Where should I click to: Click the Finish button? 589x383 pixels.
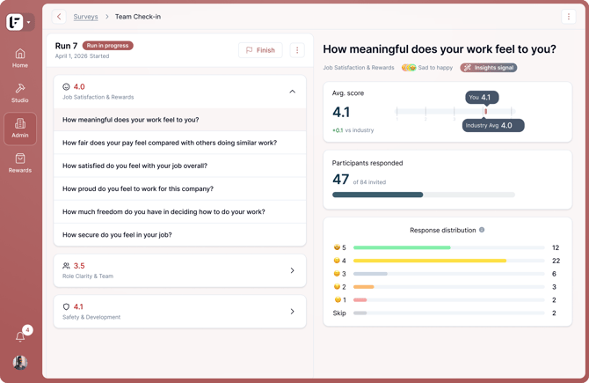(260, 50)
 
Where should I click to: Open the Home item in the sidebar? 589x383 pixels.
(20, 58)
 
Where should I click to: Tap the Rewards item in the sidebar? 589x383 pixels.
(20, 163)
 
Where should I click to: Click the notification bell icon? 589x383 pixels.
(20, 336)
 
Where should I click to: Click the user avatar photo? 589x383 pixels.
(20, 362)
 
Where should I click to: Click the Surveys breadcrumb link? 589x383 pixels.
(85, 17)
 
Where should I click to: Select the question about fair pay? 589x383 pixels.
(170, 143)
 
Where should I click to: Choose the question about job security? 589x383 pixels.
(117, 235)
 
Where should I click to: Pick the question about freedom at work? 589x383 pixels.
(164, 212)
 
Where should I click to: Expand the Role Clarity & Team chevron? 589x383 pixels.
(292, 270)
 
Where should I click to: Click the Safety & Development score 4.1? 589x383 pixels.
(78, 306)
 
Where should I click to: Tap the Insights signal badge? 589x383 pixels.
(489, 68)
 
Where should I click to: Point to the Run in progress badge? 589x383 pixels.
(108, 46)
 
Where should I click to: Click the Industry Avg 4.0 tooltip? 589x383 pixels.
(493, 126)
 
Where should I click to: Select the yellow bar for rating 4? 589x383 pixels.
(430, 261)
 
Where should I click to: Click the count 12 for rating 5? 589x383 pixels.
(556, 247)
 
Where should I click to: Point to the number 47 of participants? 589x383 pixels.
(341, 180)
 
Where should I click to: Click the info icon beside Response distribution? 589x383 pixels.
(482, 230)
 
